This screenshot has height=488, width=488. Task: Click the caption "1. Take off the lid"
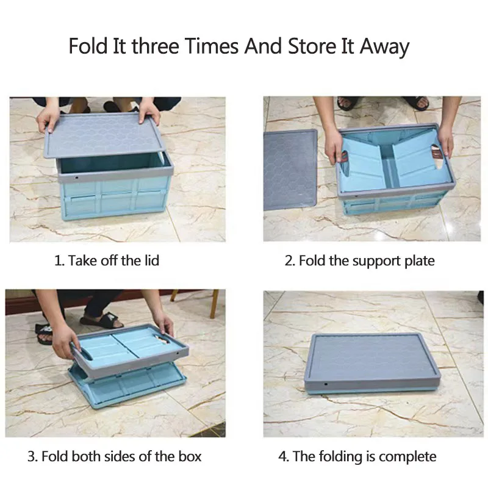[x=107, y=260]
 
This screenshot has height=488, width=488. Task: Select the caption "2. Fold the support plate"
[x=360, y=260]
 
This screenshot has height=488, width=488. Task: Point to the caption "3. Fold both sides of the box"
[x=114, y=456]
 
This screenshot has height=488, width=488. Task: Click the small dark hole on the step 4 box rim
[x=325, y=385]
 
